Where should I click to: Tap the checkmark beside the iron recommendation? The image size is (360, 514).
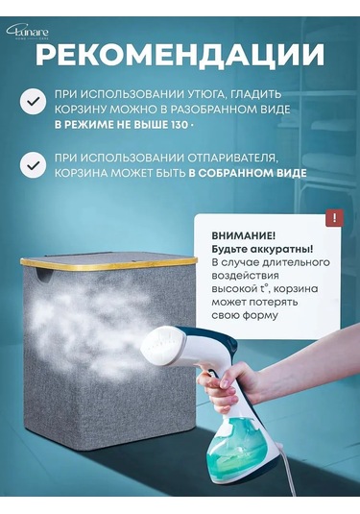[34, 101]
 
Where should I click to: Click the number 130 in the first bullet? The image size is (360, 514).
[177, 125]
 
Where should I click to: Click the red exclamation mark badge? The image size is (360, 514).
[333, 218]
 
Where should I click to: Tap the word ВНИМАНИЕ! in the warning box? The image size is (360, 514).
[228, 234]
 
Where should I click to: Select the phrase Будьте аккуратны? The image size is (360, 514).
[246, 250]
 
